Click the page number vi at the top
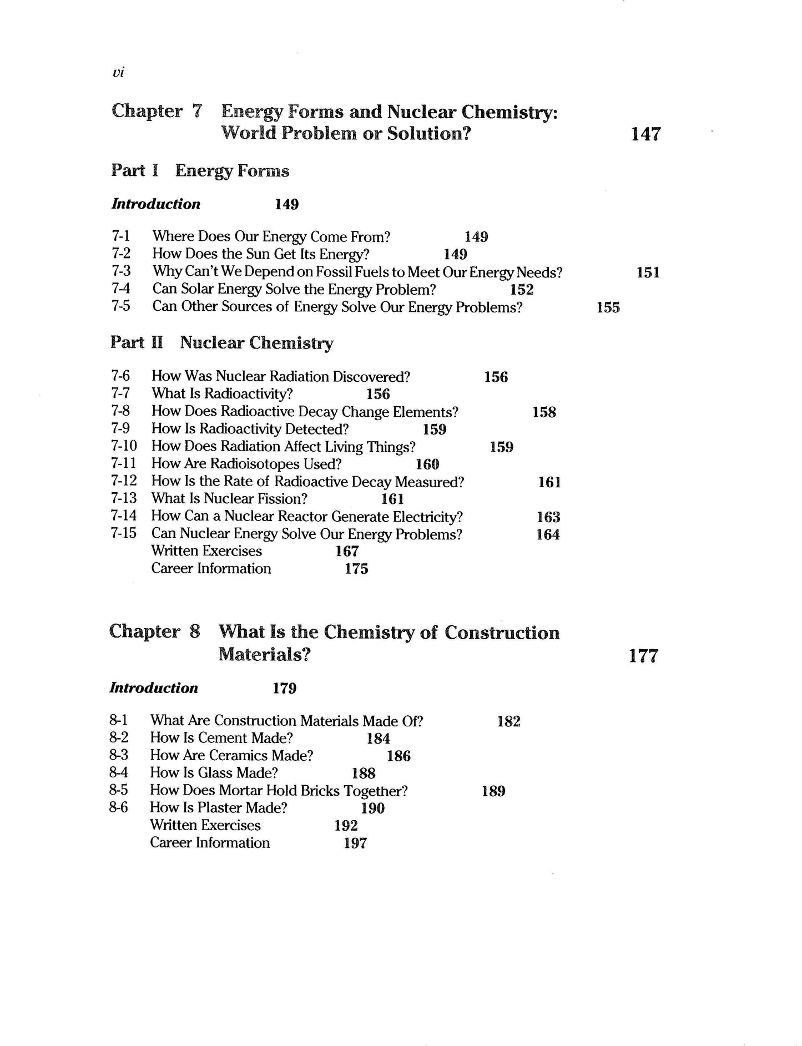tap(117, 73)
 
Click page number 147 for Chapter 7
tap(646, 134)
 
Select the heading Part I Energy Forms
tap(200, 170)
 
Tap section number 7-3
tap(121, 271)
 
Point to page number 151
tap(648, 272)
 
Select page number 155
tap(608, 307)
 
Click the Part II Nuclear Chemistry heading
tap(221, 343)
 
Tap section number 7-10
tap(124, 446)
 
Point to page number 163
tap(548, 517)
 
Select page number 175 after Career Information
tap(356, 569)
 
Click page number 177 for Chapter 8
tap(643, 656)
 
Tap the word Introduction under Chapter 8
tap(154, 688)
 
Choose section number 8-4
tap(119, 772)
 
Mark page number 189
tap(493, 791)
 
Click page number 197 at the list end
tap(355, 843)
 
